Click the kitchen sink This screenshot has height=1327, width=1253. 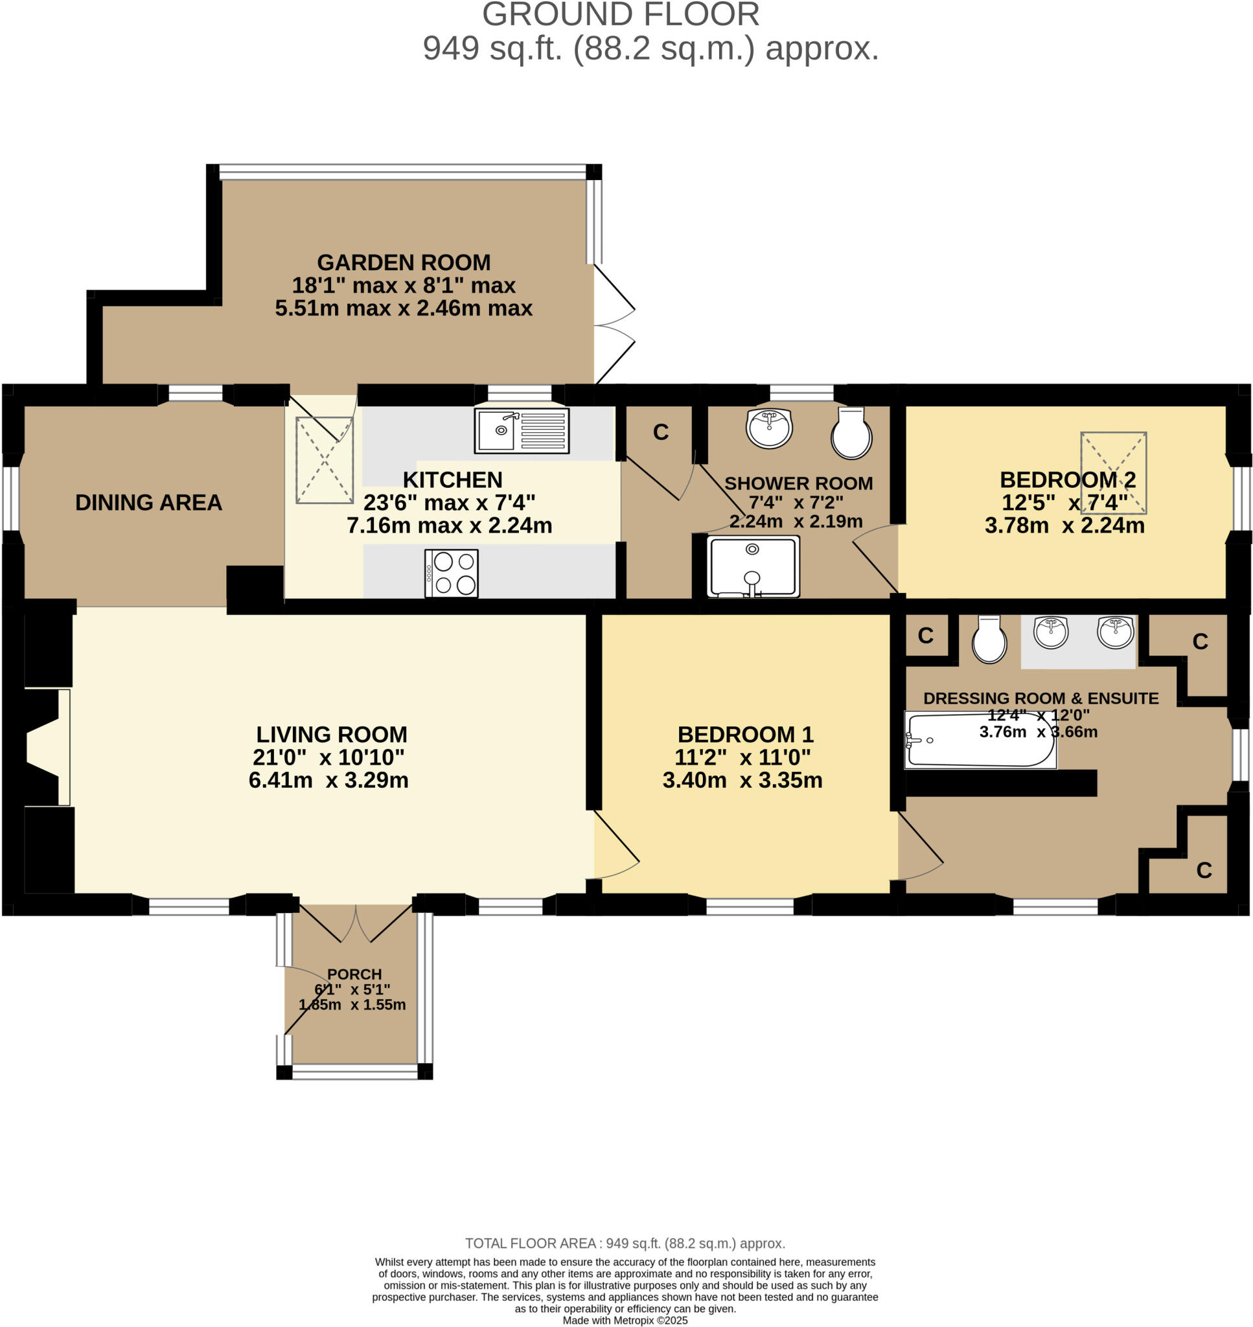coord(522,431)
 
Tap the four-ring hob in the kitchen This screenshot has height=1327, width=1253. coord(452,573)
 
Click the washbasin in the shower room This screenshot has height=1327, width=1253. coord(770,428)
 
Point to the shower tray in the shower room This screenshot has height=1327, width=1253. coord(753,566)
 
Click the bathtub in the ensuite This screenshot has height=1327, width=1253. coord(980,740)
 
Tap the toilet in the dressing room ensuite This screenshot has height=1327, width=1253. coord(989,639)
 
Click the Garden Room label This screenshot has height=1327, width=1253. coord(404,262)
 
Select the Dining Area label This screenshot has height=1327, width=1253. coord(148,502)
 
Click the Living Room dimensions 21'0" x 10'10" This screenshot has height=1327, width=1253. coord(328,757)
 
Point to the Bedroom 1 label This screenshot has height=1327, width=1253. coord(746,735)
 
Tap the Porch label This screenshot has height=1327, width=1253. coord(354,975)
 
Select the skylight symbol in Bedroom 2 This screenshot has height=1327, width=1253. coord(1114,472)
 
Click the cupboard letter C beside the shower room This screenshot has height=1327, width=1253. coord(661,432)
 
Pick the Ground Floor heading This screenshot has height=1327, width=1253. coord(621,14)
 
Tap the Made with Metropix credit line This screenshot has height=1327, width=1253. coord(625,1321)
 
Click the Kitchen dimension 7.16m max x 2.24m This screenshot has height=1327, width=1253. coord(450,525)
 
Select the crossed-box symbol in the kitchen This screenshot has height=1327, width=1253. coord(325,460)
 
